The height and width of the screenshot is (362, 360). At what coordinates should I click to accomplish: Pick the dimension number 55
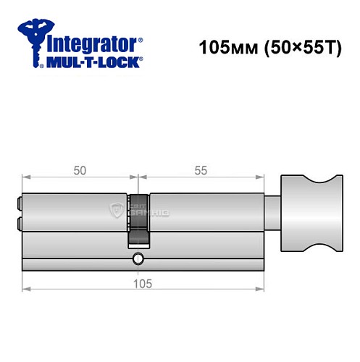coord(200,170)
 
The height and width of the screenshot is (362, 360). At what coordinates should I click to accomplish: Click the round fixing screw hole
coord(138,258)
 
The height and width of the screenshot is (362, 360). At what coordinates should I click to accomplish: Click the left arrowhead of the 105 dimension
coord(27,289)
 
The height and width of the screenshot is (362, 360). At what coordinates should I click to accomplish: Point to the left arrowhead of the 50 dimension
coord(27,177)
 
